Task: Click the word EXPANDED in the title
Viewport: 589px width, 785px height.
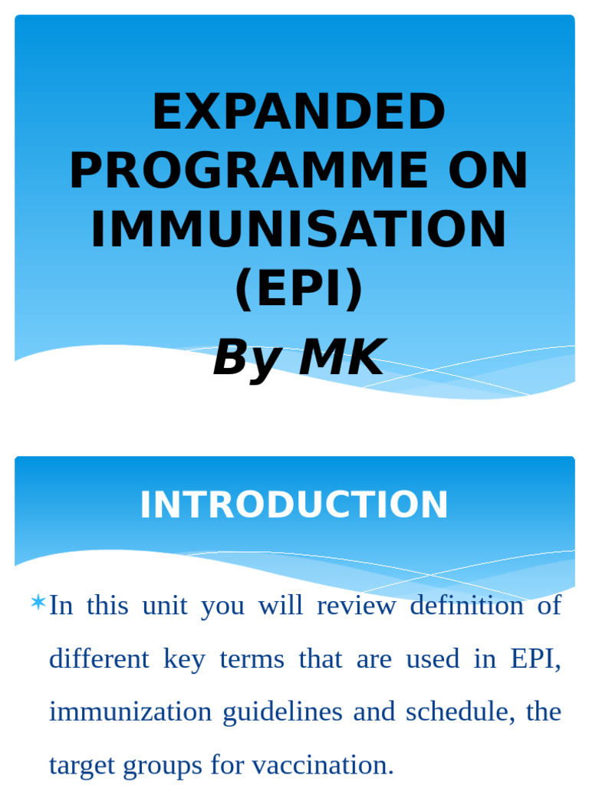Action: coord(298,113)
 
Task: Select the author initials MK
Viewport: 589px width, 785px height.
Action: coord(341,358)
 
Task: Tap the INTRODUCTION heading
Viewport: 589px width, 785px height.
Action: coord(294,505)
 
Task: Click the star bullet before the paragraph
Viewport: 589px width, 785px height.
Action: coord(38,603)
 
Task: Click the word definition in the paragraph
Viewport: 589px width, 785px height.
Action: coord(470,606)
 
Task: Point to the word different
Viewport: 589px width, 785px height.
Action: coord(99,659)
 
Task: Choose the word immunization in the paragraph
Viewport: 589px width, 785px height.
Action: coord(130,712)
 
